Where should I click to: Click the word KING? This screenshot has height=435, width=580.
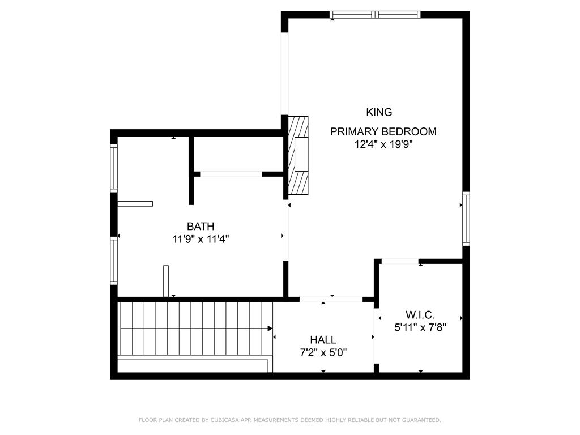point(379,112)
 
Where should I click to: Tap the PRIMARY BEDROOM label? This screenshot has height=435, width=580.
point(383,131)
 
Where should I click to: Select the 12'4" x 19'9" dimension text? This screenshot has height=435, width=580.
point(383,144)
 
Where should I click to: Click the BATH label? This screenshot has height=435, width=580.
point(201,226)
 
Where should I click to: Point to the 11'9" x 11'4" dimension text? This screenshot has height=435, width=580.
point(201,240)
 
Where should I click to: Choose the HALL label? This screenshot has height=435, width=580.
point(323,340)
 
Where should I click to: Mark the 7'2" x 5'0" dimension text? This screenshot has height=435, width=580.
point(323,352)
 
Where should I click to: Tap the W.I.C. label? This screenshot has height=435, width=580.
point(420,315)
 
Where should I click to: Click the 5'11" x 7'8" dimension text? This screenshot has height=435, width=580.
point(420,328)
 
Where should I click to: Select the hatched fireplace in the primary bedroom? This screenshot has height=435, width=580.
point(298,155)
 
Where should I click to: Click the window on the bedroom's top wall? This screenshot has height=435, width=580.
point(375,15)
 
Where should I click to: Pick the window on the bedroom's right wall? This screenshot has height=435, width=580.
point(466,219)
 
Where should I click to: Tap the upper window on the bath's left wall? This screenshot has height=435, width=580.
point(114,168)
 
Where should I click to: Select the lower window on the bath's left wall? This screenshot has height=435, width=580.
point(114,261)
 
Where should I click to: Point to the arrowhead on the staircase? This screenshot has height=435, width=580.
point(270,329)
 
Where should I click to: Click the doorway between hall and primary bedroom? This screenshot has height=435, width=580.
point(331,299)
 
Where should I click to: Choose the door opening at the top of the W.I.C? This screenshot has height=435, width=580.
point(400,261)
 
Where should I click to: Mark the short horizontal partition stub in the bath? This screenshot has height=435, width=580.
point(135,204)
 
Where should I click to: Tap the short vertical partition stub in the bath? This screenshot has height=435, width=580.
point(166,281)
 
